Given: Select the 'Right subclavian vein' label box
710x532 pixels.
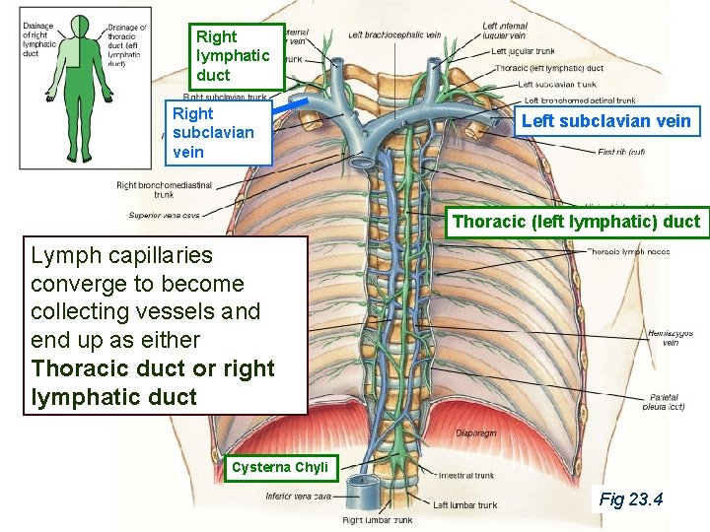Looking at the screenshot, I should pos(215,133).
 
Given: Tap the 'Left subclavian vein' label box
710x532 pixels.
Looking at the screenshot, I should pos(605,122).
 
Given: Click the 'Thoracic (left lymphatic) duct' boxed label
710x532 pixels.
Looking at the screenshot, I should pos(576,222).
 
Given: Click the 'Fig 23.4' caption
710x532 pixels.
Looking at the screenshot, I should pos(630,499).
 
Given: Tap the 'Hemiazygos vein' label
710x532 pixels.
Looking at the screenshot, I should pos(670,338).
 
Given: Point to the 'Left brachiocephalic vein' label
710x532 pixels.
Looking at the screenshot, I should pos(393,34).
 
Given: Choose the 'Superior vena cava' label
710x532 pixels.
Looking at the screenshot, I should pos(164,215).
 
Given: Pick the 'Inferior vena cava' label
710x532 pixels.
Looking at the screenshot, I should pos(297,496).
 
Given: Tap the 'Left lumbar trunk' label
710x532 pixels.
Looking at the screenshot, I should pos(464,504).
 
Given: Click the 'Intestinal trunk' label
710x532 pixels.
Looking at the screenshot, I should pos(465,475).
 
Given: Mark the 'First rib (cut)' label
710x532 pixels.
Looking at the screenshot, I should pos(621,152).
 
